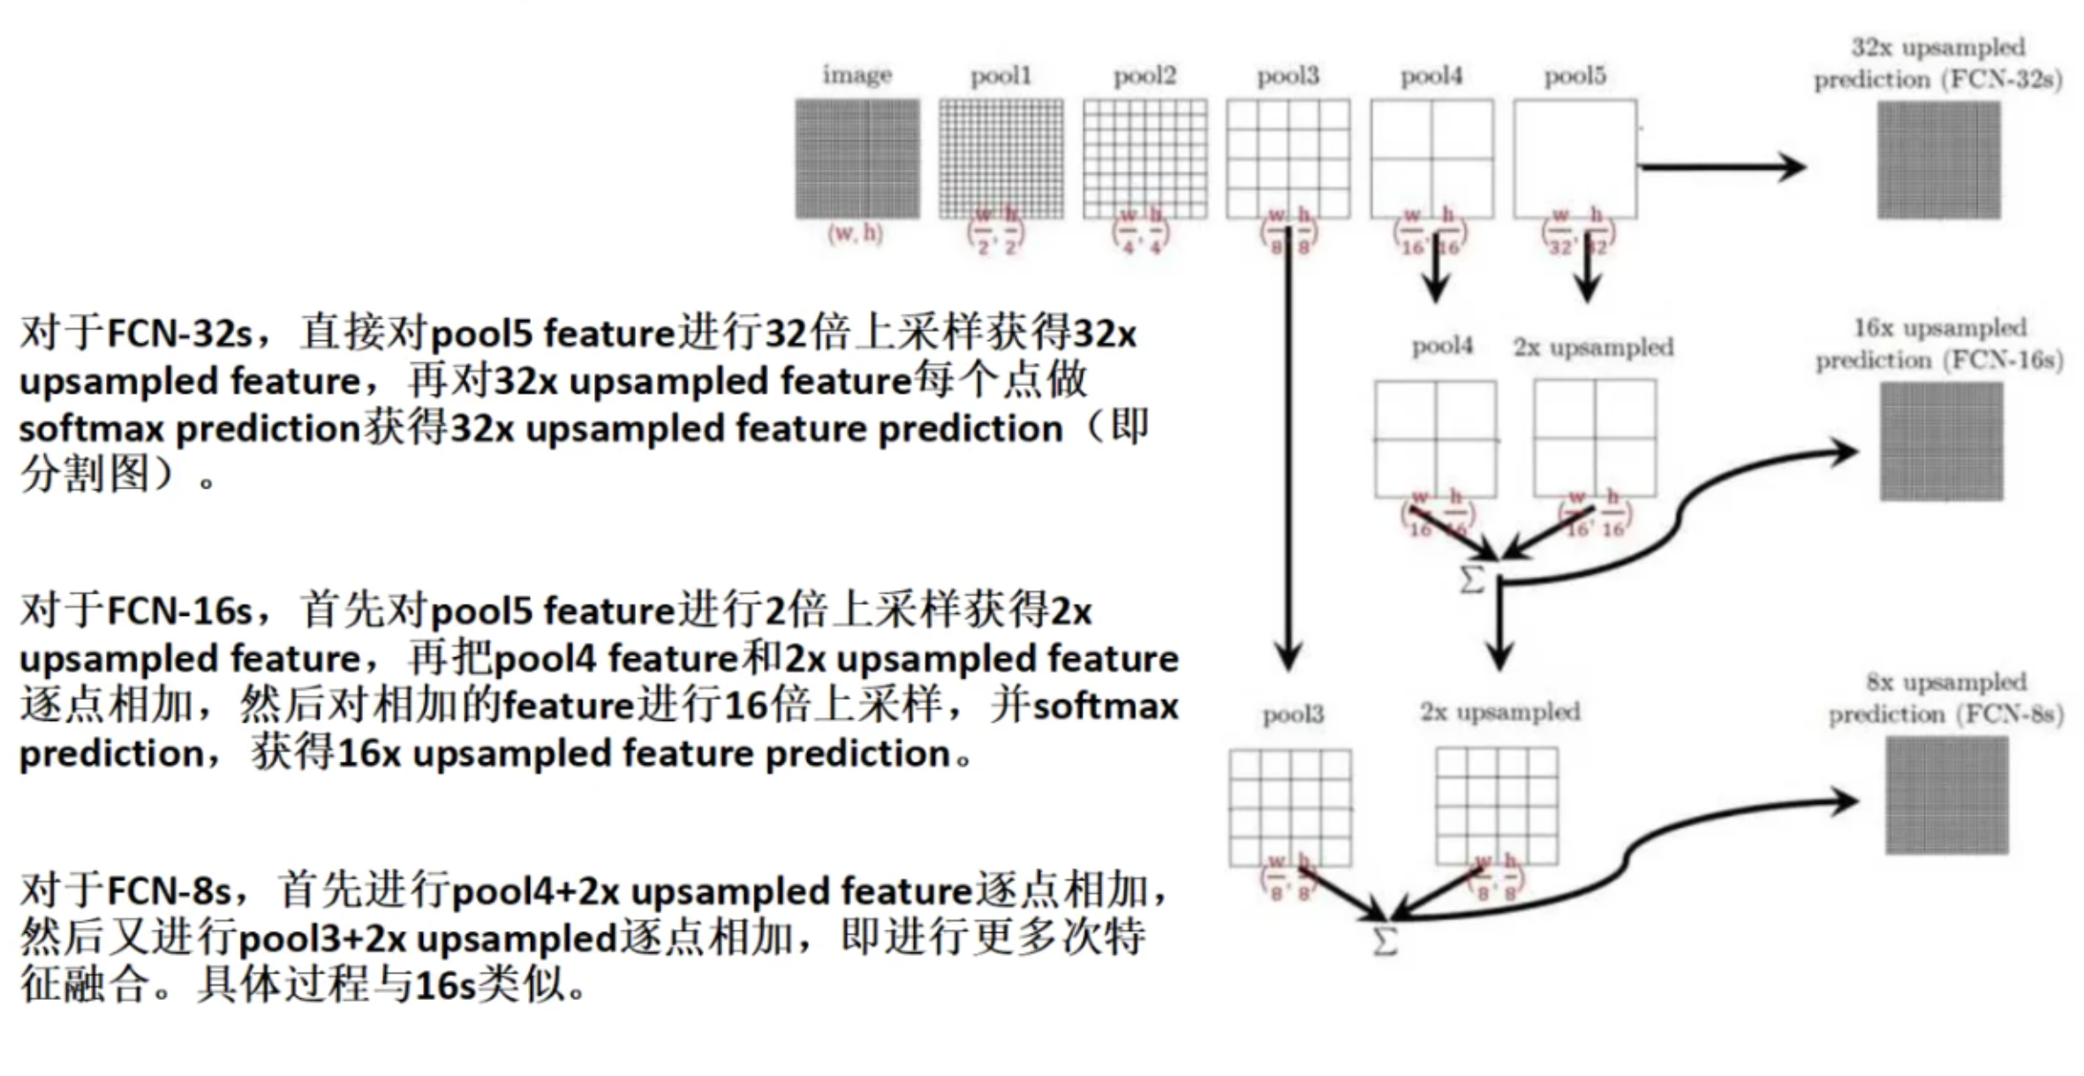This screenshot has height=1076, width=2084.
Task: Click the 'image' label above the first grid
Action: pos(857,75)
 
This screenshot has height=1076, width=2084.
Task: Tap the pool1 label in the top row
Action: pos(1000,76)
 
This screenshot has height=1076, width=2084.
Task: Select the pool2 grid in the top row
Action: pos(1144,159)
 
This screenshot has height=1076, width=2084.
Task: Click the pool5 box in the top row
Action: pos(1574,159)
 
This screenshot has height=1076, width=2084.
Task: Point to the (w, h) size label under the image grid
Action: pos(855,233)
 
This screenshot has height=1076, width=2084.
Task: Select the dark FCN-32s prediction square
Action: pos(1938,160)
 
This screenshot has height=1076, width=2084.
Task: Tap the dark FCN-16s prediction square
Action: pos(1941,442)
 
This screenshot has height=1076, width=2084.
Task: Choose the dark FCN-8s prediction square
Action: pos(1946,795)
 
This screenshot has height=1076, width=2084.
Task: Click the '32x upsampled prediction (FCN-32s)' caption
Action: pos(1938,64)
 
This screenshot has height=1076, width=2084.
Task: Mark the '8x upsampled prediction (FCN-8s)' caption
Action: pos(1945,698)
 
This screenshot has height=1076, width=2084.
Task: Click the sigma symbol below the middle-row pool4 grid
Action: pos(1471,580)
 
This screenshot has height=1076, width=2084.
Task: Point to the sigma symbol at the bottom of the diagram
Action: pos(1385,941)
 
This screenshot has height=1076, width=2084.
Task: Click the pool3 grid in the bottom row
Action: pos(1290,807)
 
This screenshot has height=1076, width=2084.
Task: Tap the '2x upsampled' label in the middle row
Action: pos(1593,347)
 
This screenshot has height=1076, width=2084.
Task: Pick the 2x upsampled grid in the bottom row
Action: pos(1497,806)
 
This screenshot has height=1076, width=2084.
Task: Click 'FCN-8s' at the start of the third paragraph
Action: pos(169,891)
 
